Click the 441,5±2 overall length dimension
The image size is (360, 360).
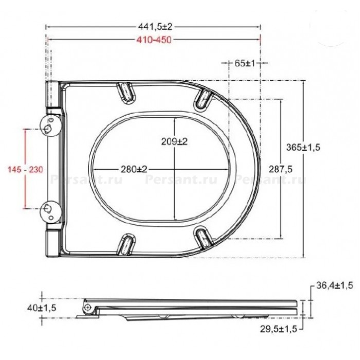155,27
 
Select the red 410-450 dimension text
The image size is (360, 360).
154,40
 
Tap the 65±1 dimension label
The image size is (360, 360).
245,63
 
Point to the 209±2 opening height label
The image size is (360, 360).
174,141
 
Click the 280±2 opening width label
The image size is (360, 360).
134,169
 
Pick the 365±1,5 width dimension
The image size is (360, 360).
303,147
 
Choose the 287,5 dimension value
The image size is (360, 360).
281,169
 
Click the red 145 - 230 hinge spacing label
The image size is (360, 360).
25,169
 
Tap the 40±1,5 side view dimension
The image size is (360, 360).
42,308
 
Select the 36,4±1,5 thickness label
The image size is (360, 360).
334,285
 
